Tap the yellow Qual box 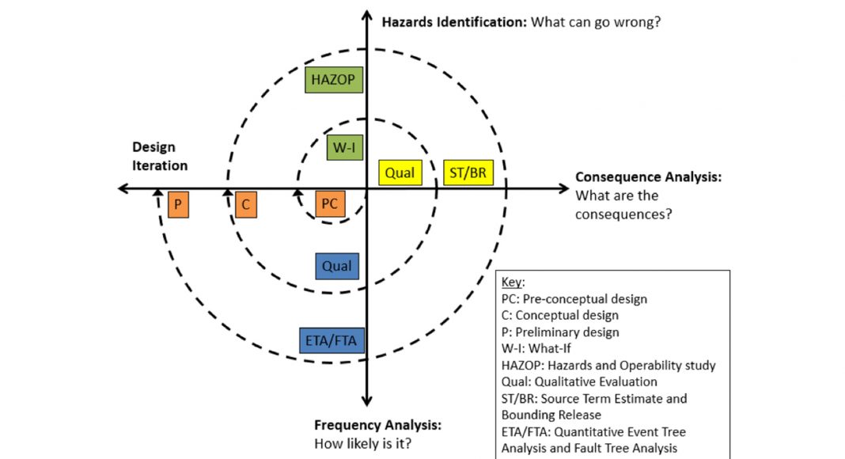400,172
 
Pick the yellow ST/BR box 467,172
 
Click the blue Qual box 337,267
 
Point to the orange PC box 330,204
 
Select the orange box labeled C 246,205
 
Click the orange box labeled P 179,205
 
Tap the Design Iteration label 159,156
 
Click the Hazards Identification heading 454,21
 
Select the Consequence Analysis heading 648,177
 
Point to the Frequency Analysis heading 377,426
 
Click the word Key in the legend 513,283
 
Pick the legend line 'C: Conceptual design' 560,316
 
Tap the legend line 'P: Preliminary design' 560,332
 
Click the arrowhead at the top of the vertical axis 367,15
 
